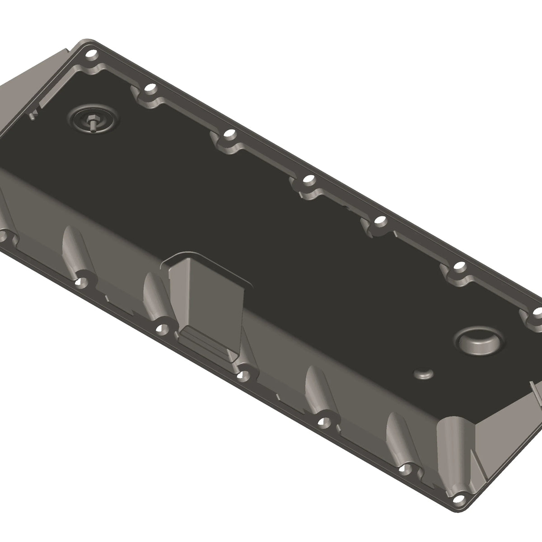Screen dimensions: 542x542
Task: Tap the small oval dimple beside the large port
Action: coord(424,374)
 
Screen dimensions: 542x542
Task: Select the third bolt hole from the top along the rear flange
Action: coord(230,134)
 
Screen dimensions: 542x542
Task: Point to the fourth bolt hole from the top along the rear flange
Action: coord(308,180)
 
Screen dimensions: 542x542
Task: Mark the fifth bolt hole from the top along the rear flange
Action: coord(380,221)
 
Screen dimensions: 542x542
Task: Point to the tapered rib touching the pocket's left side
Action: coord(154,294)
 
